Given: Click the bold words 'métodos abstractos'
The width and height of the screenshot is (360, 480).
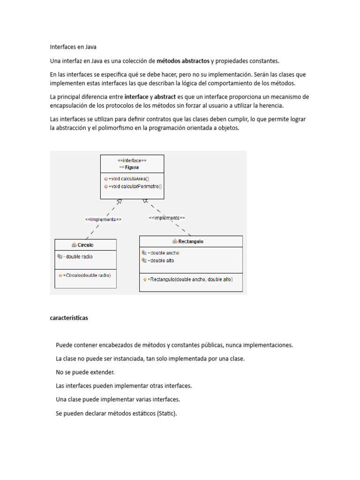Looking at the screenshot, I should coord(183,61).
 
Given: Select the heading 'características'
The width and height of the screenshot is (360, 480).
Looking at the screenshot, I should coord(69,318).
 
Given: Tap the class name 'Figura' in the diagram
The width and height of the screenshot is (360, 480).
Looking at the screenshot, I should coord(132,167).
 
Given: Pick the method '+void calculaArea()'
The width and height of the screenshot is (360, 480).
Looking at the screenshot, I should coord(128,179).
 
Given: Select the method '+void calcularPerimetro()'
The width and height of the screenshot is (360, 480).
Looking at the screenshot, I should coord(135,186).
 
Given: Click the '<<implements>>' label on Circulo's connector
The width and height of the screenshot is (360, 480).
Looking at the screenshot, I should coord(103,219).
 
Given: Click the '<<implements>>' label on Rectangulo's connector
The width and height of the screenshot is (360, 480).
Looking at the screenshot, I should coord(167,218).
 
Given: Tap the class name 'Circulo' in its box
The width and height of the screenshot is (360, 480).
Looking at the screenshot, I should coord(85,245).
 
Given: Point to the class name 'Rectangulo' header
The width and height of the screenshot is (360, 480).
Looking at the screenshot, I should coord(191,241).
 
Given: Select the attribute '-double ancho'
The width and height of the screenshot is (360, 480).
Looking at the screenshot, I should coord(163,253).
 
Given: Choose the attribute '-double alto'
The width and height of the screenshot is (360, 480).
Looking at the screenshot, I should coord(161,261).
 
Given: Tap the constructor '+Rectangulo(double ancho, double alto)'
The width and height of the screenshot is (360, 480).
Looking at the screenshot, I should coord(190,279).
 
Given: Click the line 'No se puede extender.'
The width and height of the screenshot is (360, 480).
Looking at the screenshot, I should coord(85,372).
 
